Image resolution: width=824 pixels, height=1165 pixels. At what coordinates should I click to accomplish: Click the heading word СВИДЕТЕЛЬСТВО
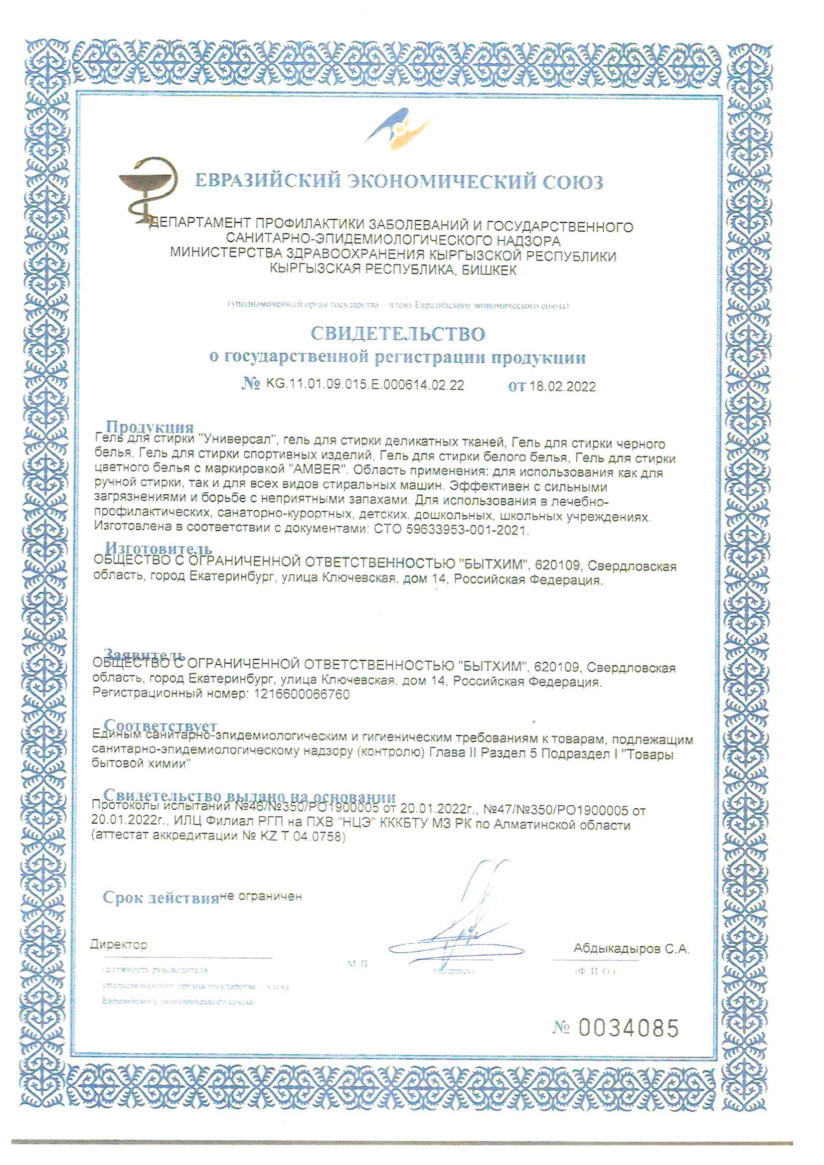pyautogui.click(x=398, y=334)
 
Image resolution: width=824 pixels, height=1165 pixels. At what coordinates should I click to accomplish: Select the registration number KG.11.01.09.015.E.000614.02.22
pyautogui.click(x=364, y=385)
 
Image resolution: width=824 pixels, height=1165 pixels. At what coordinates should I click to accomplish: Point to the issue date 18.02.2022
pyautogui.click(x=562, y=387)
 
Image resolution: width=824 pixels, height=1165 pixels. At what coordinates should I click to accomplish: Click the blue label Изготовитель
pyautogui.click(x=158, y=548)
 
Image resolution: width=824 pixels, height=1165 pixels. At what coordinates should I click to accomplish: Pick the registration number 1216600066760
pyautogui.click(x=299, y=694)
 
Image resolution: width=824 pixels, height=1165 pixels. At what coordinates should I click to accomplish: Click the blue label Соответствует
pyautogui.click(x=161, y=726)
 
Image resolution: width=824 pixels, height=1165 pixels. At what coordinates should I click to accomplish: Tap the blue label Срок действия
pyautogui.click(x=161, y=897)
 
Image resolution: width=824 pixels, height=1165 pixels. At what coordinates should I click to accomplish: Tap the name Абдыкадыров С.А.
pyautogui.click(x=631, y=948)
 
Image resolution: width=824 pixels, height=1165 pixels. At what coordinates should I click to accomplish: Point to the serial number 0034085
pyautogui.click(x=628, y=1028)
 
